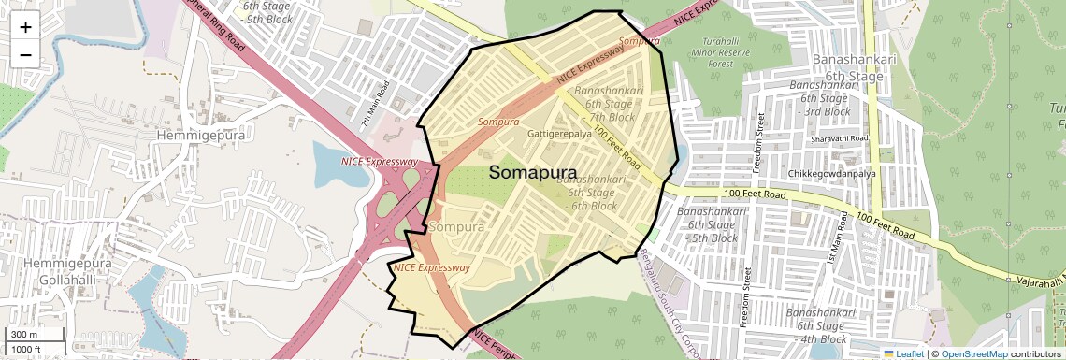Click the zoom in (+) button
25,27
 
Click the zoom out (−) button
25,54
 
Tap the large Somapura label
533,172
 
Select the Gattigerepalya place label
559,134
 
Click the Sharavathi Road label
841,138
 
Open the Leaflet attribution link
902,353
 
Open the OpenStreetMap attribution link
973,353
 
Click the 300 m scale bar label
24,335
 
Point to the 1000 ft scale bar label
26,349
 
